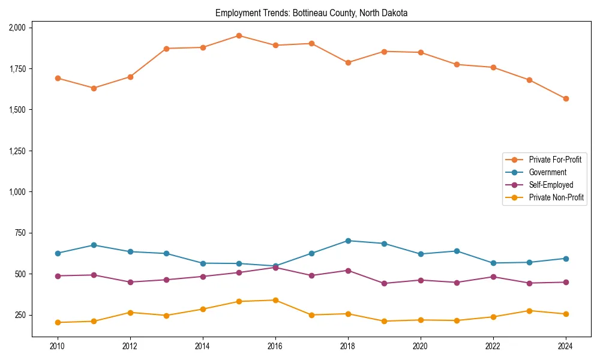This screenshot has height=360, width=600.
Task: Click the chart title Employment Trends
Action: (311, 13)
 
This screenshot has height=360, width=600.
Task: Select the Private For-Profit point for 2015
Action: (239, 36)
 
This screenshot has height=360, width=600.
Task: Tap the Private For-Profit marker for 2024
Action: (566, 98)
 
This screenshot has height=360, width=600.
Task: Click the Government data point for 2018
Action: (348, 241)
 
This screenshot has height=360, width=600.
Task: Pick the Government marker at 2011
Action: (94, 245)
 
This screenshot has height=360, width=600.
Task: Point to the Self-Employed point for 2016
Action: (275, 268)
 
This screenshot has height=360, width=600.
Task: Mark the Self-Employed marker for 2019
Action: (384, 283)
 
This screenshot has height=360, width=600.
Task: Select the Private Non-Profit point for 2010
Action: (58, 322)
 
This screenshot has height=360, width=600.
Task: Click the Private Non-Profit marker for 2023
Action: (529, 311)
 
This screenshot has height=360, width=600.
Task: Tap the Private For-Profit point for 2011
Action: (94, 88)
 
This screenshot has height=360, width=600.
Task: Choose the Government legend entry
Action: (547, 172)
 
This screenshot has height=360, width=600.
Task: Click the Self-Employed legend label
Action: (551, 185)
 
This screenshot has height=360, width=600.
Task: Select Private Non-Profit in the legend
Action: (556, 197)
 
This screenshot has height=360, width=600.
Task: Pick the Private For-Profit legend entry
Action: (555, 160)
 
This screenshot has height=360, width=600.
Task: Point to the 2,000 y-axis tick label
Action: (17, 28)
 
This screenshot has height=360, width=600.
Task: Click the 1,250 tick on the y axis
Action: (17, 151)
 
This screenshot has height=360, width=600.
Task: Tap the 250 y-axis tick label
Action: (20, 316)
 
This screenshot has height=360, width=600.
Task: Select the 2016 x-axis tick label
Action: (275, 346)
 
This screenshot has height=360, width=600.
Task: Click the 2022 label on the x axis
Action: (493, 346)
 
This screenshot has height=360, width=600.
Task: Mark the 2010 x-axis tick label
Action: (58, 346)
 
